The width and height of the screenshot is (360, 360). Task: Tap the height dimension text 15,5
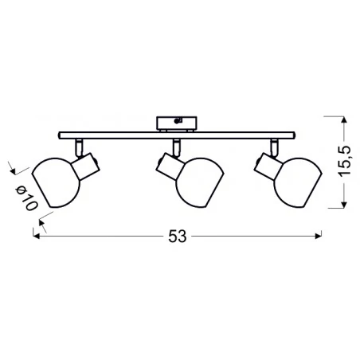342,165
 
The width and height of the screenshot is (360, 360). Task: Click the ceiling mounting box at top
177,122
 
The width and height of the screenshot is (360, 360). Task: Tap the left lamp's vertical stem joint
80,145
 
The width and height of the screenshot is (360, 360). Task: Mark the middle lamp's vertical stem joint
174,145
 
